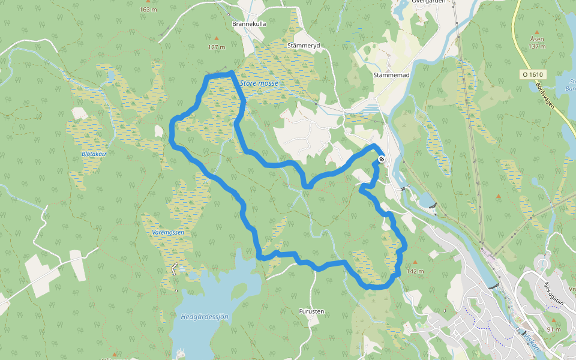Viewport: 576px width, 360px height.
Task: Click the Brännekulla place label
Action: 249,24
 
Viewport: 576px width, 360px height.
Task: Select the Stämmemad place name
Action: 391,75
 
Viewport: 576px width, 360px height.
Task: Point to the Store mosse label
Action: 259,83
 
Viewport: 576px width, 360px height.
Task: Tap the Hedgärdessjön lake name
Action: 204,316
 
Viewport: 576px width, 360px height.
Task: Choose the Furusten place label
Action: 311,312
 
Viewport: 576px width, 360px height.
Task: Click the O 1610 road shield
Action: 532,74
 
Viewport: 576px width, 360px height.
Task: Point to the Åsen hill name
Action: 536,39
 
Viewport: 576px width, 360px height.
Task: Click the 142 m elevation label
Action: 415,271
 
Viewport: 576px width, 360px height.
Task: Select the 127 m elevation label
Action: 216,47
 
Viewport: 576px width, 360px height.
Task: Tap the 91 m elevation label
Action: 554,329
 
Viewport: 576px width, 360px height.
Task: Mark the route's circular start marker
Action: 382,160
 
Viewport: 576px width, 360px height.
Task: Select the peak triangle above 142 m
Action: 415,263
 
